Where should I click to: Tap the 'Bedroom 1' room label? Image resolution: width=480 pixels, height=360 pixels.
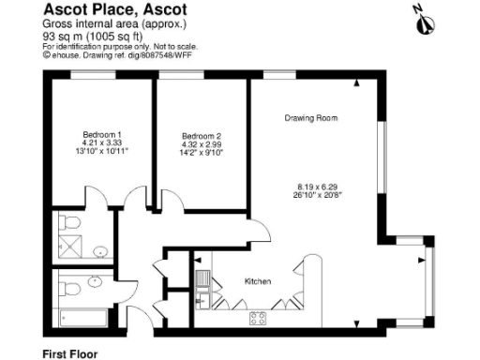click(102, 133)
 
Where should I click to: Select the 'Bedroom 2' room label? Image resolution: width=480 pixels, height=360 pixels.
click(201, 136)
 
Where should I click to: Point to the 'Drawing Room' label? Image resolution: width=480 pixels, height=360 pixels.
click(311, 118)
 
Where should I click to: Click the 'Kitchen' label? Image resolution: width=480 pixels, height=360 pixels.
click(258, 281)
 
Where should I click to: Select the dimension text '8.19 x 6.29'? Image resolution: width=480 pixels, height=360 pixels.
click(312, 187)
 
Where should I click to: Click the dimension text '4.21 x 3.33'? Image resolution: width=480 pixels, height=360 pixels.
click(102, 142)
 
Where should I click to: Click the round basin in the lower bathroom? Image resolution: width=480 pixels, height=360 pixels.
click(95, 280)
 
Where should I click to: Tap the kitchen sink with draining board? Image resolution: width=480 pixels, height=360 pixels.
click(203, 280)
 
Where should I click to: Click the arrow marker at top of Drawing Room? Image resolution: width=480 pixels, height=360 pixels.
click(357, 84)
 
